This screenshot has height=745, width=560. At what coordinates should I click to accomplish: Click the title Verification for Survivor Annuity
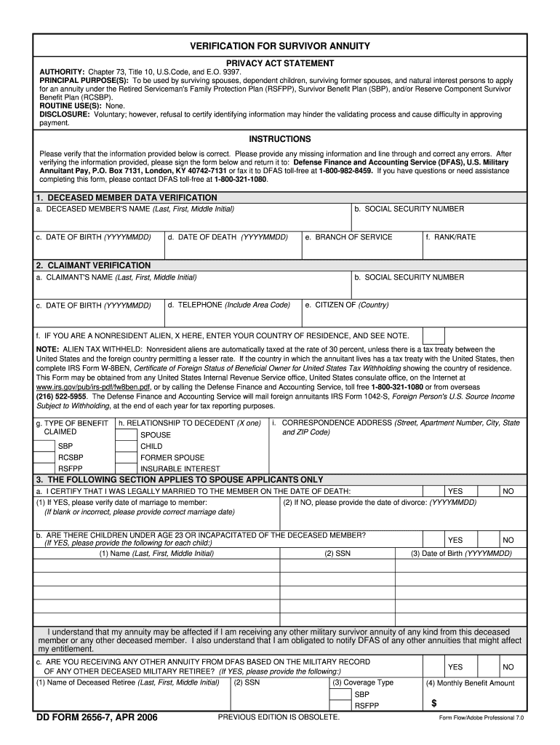coord(280,47)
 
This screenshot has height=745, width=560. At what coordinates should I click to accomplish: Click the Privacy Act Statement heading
coord(280,64)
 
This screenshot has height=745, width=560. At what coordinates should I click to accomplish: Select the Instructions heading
coord(280,139)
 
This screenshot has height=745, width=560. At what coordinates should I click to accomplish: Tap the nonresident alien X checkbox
coord(434,335)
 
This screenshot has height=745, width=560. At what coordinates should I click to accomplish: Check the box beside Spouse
coord(126,435)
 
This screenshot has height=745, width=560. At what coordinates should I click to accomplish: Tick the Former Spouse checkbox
coord(126,458)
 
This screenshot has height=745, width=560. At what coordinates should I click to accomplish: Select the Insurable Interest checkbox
coord(126,469)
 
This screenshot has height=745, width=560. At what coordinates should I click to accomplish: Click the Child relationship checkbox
coord(126,446)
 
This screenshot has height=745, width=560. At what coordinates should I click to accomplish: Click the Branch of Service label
coord(349,237)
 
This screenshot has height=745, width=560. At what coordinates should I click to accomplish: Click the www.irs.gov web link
coord(84,387)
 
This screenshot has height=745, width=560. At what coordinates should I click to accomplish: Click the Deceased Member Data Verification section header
coord(127,198)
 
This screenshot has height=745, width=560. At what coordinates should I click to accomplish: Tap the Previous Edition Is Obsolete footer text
coord(279,718)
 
